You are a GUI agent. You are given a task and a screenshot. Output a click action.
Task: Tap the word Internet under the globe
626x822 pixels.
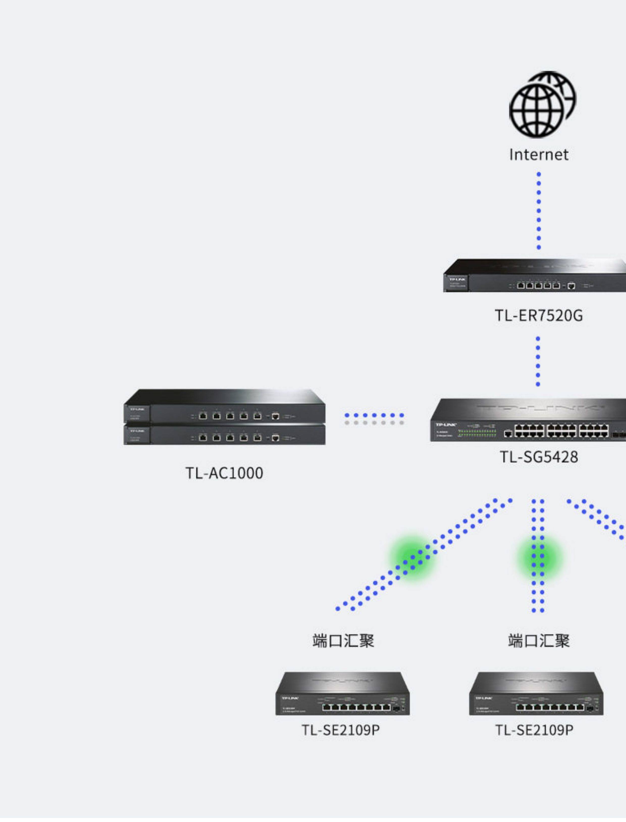tap(539, 155)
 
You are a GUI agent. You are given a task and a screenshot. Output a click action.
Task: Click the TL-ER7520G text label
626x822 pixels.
tap(539, 315)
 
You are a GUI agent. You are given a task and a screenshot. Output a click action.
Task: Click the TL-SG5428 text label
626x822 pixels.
tap(539, 457)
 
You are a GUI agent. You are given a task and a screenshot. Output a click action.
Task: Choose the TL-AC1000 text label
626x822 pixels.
tap(224, 473)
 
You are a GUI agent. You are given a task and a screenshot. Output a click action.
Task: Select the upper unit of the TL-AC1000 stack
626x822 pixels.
tap(224, 407)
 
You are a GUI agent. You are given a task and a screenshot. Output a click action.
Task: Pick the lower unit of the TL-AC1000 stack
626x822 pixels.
tap(224, 435)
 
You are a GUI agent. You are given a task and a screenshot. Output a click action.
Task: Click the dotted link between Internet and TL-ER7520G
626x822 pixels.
tap(539, 211)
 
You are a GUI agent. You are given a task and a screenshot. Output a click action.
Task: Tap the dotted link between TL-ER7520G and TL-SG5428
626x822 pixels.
tap(538, 362)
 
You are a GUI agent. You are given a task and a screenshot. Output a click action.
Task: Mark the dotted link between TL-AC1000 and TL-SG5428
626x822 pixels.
tap(374, 419)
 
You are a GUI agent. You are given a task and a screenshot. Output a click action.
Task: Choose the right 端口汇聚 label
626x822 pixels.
tap(539, 641)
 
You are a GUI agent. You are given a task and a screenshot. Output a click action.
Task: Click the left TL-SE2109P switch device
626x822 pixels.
tap(343, 694)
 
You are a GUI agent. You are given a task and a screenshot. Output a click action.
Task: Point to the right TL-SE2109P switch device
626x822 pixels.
tap(536, 694)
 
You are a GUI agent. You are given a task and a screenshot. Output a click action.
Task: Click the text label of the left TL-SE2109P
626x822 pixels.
tap(341, 730)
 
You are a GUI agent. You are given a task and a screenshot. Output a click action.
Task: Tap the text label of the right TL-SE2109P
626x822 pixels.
tap(534, 730)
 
